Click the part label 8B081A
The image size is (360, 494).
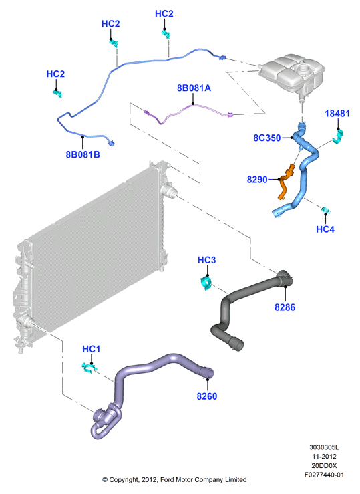point(194,88)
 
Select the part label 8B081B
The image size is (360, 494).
point(83,154)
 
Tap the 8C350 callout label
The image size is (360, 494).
point(267,138)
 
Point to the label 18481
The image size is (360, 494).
point(337,114)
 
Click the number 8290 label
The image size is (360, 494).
point(257,180)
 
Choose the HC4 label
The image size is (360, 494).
point(325,229)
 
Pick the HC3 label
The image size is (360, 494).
point(207,260)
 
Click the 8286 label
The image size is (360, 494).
point(285,307)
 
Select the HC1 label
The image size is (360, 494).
point(92,349)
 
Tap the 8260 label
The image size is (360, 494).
point(207,396)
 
